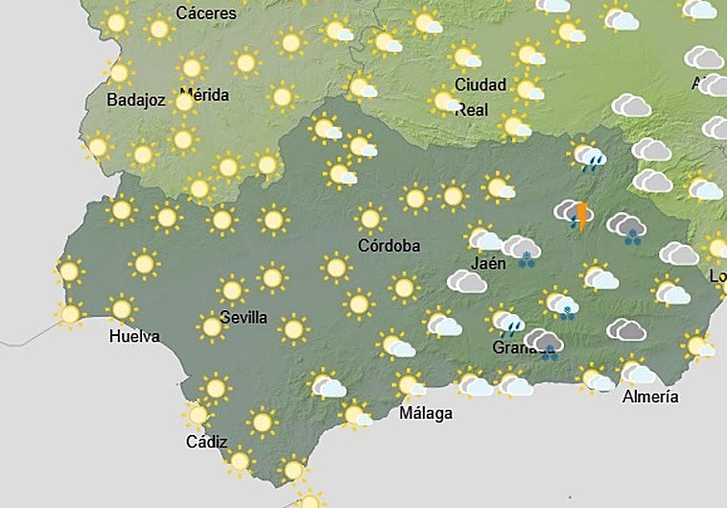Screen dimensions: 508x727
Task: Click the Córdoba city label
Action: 388,246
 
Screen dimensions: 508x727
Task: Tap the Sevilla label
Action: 243,318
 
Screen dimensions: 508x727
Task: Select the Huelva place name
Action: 134,336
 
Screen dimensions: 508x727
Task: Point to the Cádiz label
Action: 207,442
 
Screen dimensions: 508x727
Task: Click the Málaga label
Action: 426,414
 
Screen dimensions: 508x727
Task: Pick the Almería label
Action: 650,396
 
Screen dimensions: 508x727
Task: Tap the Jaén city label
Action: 489,262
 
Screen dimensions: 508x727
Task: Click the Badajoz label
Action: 136,100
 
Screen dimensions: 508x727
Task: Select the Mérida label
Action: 204,95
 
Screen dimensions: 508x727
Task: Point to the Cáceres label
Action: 207,13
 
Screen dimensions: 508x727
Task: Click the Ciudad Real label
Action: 480,97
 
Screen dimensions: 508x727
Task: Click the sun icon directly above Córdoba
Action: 370,219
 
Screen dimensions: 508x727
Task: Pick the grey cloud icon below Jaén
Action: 468,281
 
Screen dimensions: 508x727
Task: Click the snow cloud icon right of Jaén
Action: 522,252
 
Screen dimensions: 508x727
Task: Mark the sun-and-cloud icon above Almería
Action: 636,370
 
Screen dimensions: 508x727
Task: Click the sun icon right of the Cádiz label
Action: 261,421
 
